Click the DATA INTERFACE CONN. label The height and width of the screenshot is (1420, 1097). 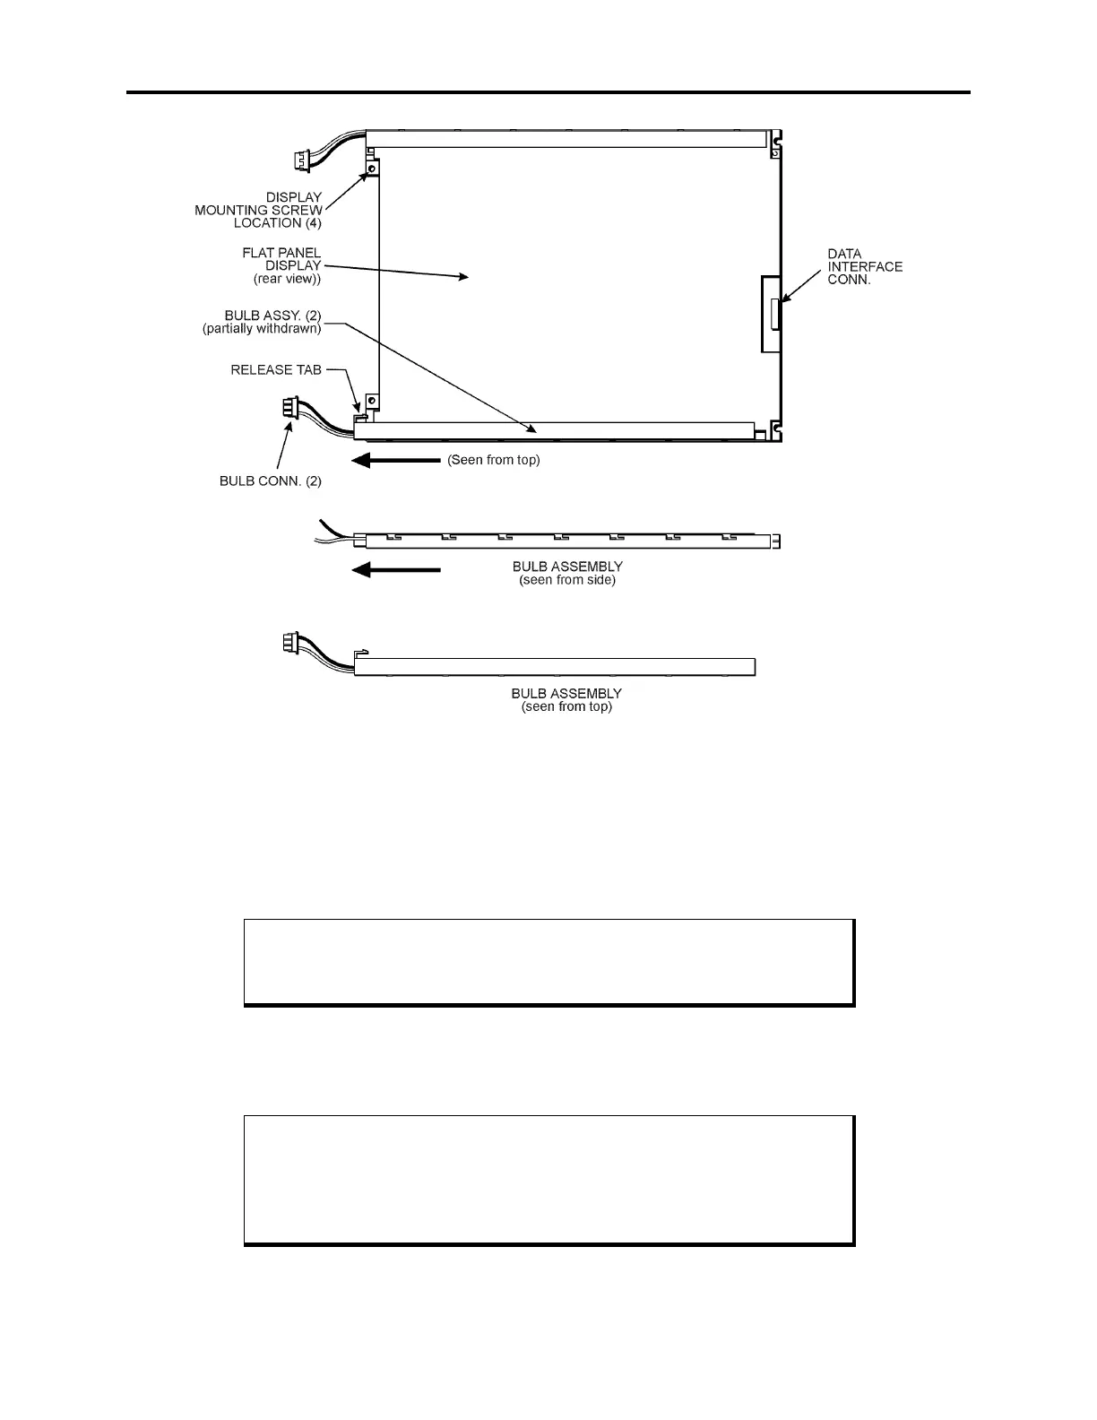[x=864, y=266]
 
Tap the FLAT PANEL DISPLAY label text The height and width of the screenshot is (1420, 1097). [x=281, y=259]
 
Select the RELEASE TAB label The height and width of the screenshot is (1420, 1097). [x=276, y=369]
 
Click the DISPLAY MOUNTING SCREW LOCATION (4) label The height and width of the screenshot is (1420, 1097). [x=259, y=210]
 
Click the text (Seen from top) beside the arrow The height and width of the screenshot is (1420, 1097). [x=494, y=461]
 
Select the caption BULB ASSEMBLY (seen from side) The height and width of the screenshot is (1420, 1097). [x=567, y=573]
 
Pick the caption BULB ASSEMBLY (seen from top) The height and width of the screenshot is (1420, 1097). [x=566, y=699]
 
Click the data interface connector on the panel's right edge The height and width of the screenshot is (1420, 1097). [x=773, y=314]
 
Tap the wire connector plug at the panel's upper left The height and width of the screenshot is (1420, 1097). [x=300, y=161]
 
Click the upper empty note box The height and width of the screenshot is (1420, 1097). [x=548, y=961]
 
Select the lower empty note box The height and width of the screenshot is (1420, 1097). [x=548, y=1179]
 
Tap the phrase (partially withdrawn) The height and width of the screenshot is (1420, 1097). [x=262, y=329]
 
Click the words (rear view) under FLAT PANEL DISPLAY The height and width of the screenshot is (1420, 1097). [x=287, y=279]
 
